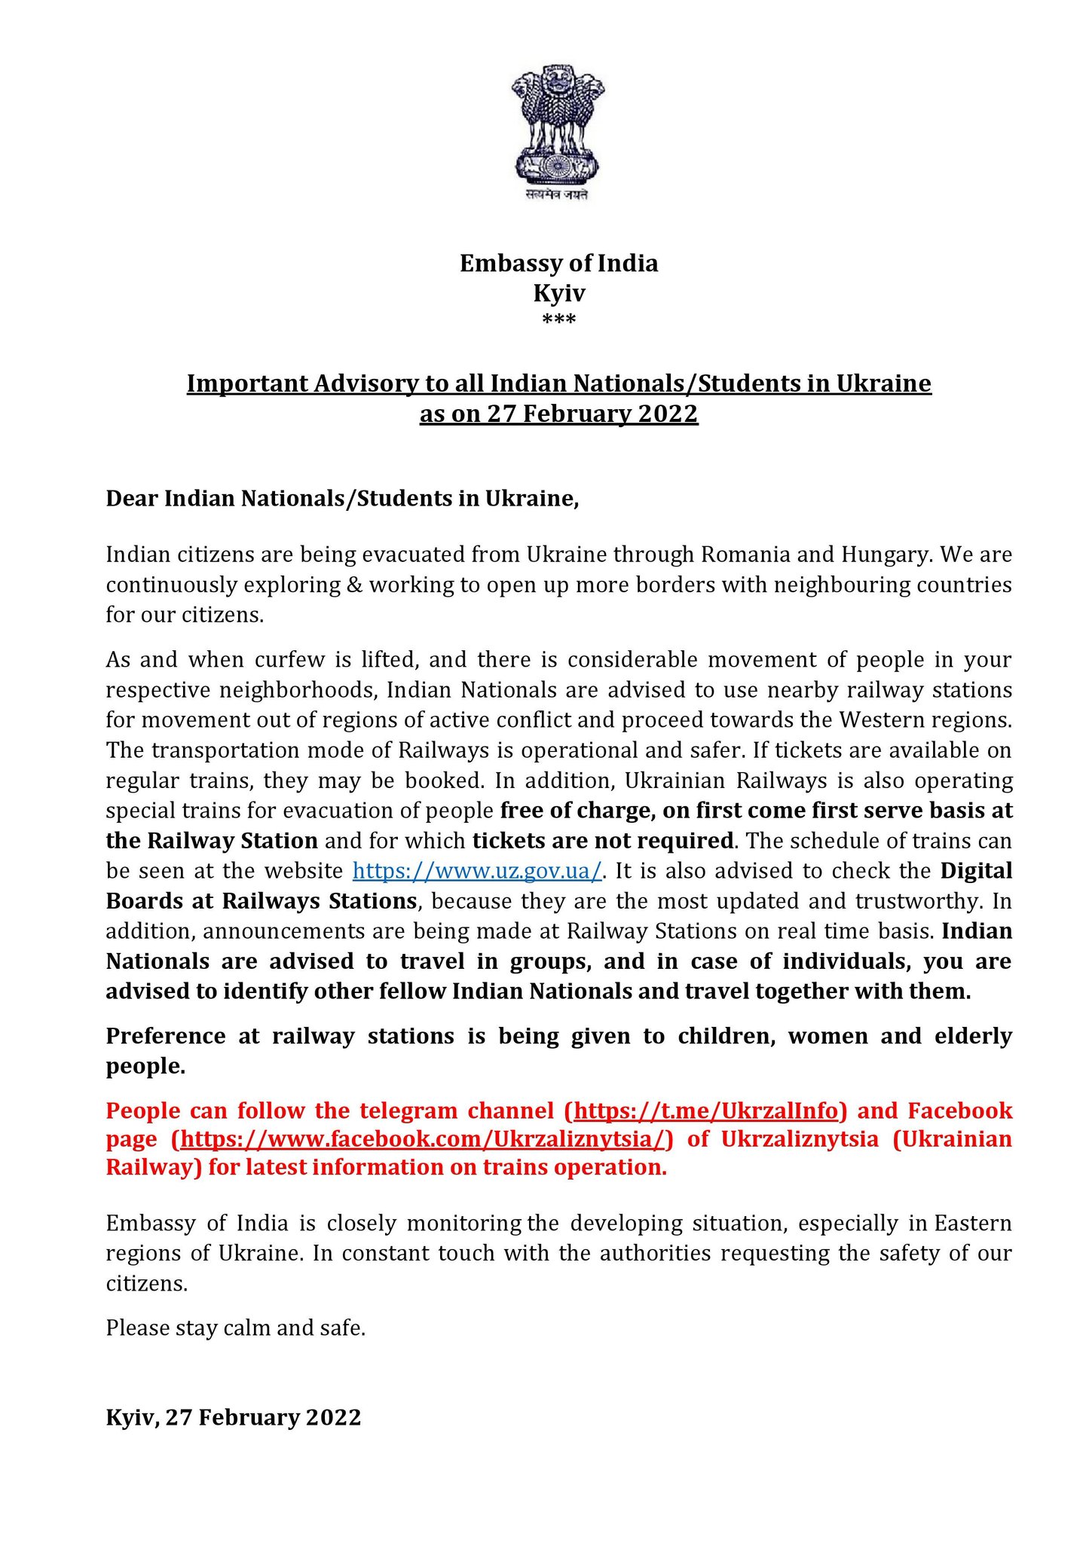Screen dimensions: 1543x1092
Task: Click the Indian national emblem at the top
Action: (558, 124)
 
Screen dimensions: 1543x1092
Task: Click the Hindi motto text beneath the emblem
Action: (558, 195)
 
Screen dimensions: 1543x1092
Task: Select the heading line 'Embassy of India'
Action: (558, 264)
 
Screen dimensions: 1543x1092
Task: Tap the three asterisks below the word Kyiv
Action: (558, 321)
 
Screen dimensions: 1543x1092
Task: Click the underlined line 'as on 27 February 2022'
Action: (558, 414)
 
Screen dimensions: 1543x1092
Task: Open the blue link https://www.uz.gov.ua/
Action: (478, 871)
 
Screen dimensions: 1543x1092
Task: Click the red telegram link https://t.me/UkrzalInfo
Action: (705, 1111)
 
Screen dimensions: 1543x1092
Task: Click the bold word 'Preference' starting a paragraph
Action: (165, 1037)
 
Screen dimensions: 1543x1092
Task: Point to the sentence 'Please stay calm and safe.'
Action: (235, 1328)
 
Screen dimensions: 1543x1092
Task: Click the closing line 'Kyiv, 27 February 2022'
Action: (233, 1417)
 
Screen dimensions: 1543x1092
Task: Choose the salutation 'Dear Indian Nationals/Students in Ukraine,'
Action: (342, 499)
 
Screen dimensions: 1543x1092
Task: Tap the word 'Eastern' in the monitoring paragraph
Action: (972, 1223)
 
